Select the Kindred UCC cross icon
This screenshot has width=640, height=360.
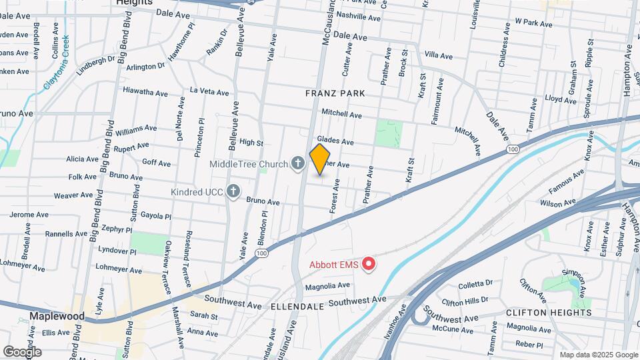233,192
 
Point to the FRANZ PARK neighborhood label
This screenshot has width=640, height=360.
335,94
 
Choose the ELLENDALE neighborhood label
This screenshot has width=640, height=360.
297,306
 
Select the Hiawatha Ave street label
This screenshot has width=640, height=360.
143,91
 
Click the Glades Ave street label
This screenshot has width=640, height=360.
335,141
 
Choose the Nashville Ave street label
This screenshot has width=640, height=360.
358,15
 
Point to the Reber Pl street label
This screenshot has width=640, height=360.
529,344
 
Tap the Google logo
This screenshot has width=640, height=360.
22,351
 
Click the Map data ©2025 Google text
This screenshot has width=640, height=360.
599,355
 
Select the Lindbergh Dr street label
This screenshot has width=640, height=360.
96,61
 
